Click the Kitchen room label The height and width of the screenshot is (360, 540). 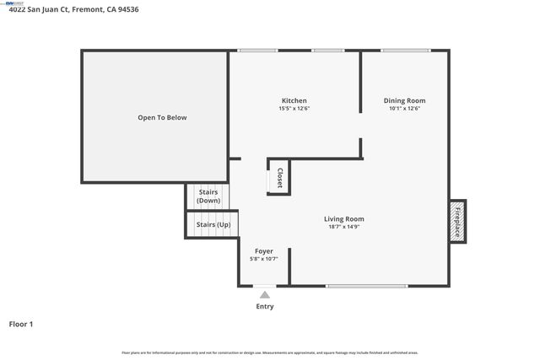tap(293, 100)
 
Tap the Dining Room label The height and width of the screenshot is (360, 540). tap(404, 100)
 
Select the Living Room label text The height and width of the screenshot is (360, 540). tap(344, 219)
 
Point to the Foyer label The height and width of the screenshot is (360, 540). tap(263, 251)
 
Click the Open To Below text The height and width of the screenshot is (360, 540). tap(162, 117)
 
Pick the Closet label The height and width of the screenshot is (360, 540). tap(280, 177)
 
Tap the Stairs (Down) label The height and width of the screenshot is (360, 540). tap(208, 196)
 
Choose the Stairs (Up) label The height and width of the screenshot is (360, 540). tap(213, 225)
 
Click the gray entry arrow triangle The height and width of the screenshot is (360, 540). tap(265, 294)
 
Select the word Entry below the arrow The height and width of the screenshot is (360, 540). tap(265, 306)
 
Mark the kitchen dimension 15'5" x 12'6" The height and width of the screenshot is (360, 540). tap(293, 108)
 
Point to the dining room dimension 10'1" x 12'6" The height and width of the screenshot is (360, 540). tap(404, 108)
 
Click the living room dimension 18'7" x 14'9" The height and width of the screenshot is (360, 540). tap(344, 227)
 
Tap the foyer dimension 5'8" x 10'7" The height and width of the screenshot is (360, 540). tap(263, 259)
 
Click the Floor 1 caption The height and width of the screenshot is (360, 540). tap(21, 323)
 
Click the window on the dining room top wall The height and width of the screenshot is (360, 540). tap(404, 51)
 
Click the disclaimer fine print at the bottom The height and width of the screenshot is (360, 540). tap(270, 352)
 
